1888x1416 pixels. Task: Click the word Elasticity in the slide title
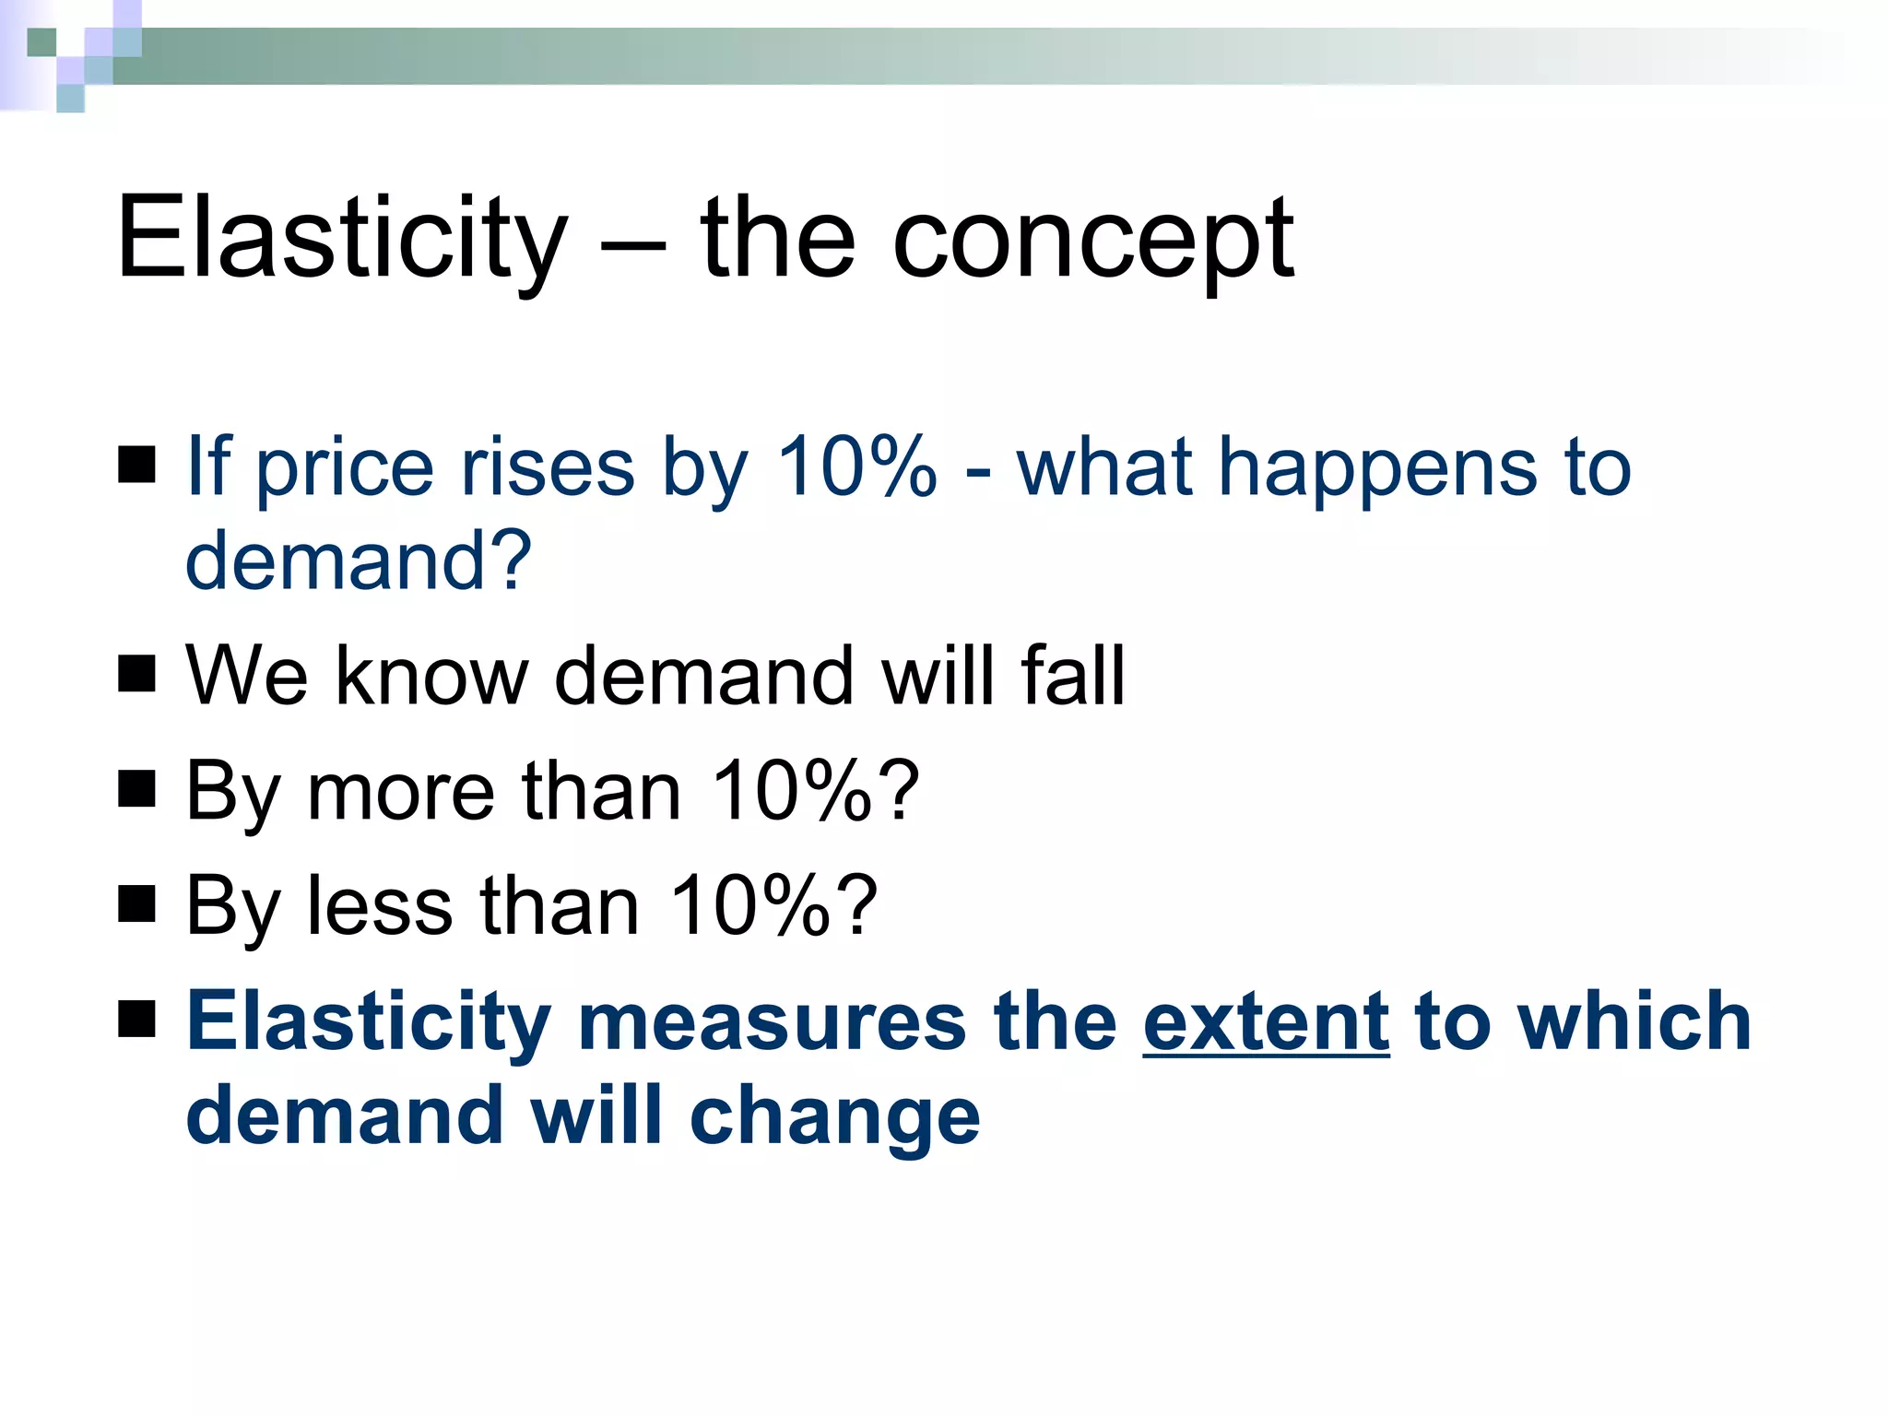341,238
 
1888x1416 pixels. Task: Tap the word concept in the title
1092,242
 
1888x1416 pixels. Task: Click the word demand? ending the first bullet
359,560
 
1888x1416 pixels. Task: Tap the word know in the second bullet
431,676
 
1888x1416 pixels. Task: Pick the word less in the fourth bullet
380,906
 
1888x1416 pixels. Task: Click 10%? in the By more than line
816,791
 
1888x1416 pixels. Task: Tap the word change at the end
834,1116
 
